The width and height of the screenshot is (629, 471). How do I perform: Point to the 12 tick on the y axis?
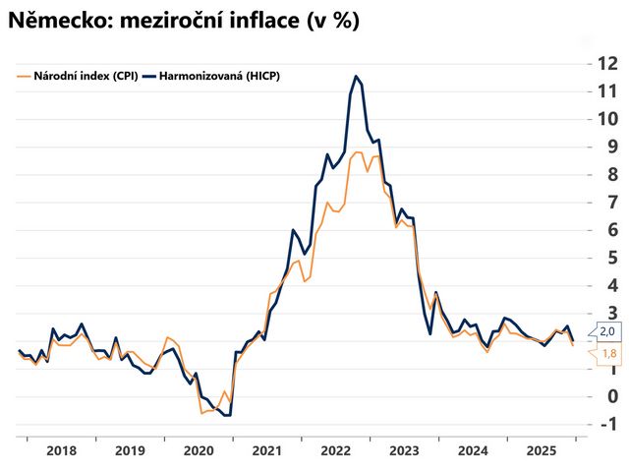(607, 64)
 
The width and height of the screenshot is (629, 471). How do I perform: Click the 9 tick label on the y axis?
(612, 147)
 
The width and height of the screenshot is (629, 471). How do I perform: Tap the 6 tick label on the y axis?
(612, 230)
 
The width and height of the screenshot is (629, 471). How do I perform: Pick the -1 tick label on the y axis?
(608, 424)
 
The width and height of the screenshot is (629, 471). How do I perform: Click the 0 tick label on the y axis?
(612, 396)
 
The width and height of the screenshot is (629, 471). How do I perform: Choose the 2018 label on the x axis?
(61, 450)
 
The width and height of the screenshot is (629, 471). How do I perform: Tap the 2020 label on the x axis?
(199, 450)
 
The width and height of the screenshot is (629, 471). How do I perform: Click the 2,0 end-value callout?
(607, 332)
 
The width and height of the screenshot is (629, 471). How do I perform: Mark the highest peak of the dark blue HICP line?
(356, 76)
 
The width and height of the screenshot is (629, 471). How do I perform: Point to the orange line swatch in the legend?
(24, 76)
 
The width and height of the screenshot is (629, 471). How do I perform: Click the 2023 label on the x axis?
(404, 450)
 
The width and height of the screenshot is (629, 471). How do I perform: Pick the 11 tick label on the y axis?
(607, 91)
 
